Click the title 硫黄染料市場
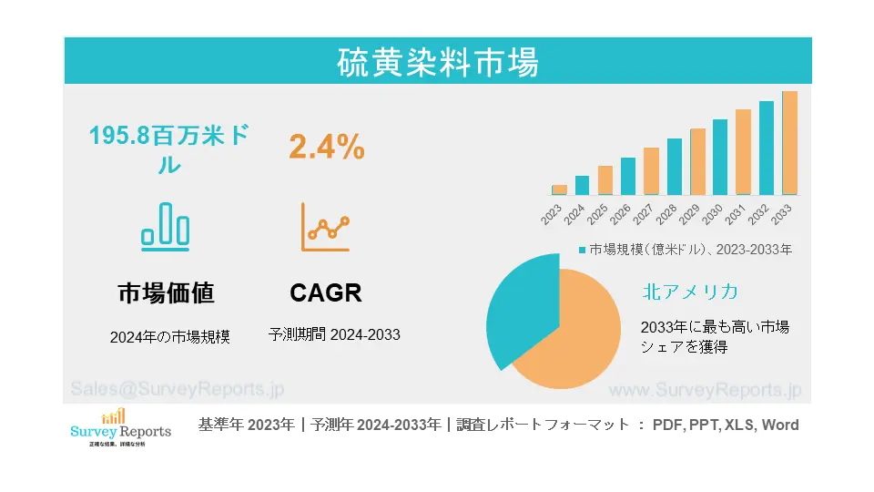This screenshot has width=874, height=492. click(x=438, y=62)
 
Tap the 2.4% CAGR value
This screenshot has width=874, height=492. click(x=327, y=147)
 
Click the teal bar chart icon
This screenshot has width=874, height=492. click(x=166, y=225)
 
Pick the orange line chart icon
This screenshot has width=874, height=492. click(x=326, y=228)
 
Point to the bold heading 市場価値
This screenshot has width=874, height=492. click(x=167, y=292)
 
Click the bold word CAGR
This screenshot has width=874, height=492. click(x=326, y=292)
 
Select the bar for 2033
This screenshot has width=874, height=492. click(x=789, y=143)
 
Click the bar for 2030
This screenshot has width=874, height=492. click(x=720, y=158)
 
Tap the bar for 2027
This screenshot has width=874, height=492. click(x=651, y=171)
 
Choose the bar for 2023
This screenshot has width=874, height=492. click(x=559, y=190)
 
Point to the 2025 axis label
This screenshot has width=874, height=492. click(x=598, y=215)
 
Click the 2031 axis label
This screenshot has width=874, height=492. click(x=736, y=215)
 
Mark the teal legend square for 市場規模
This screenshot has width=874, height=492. click(x=582, y=249)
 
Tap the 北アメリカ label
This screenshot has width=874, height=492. click(x=689, y=292)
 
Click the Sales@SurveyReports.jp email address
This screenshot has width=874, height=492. click(x=177, y=389)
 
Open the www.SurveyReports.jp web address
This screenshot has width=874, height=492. click(x=705, y=390)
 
